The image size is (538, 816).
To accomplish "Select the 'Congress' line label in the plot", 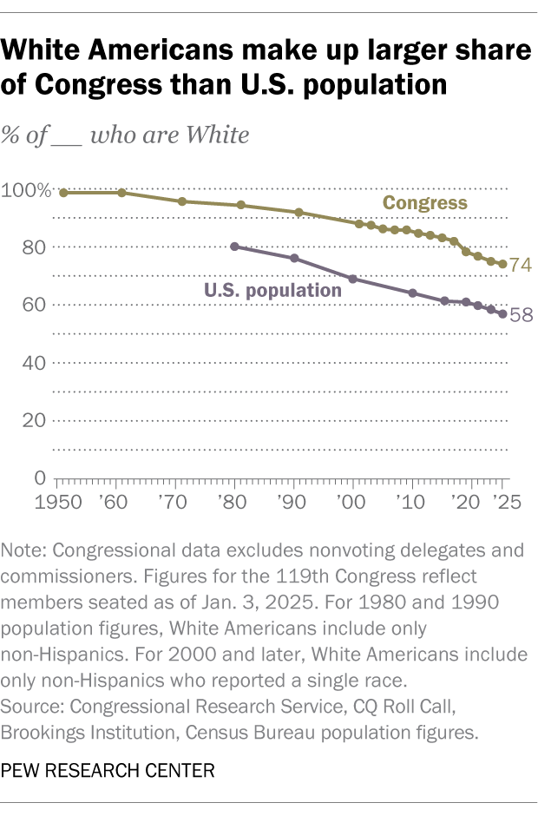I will (x=425, y=203).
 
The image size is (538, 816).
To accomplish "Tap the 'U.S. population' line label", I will (x=272, y=290).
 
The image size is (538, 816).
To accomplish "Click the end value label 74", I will (x=521, y=266).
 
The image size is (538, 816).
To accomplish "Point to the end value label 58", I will (x=521, y=315).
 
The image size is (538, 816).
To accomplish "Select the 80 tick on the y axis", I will (x=34, y=247).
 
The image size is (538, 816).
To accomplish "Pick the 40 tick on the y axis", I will (x=34, y=363).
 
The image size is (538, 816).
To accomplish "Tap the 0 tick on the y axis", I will (x=40, y=478).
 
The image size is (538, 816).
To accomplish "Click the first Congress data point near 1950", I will (x=63, y=193).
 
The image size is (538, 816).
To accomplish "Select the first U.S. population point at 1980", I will (x=235, y=247).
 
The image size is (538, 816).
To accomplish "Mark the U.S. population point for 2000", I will (x=352, y=279).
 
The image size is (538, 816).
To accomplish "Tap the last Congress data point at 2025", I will (x=502, y=264).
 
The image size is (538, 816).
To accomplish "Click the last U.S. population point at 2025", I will (x=502, y=313).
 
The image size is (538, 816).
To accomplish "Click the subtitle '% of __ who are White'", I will (x=126, y=135).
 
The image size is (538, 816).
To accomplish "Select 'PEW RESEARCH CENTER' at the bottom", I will (x=108, y=770).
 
